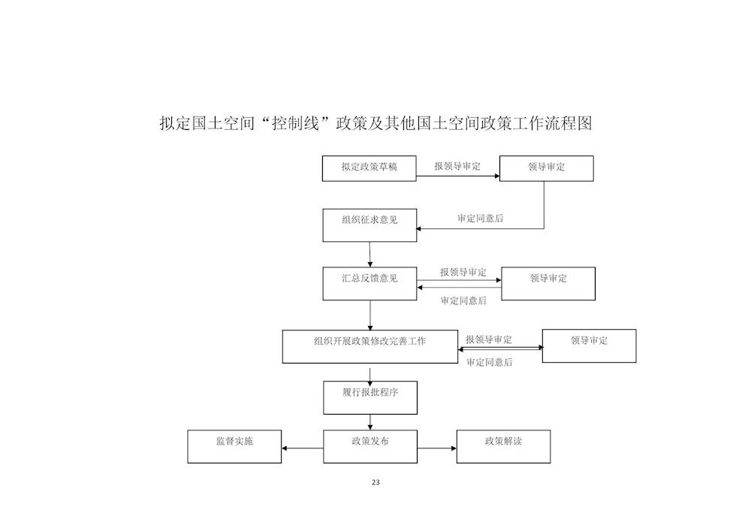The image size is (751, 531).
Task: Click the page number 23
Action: point(375,483)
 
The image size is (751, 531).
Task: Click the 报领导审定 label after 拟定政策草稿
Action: point(457,166)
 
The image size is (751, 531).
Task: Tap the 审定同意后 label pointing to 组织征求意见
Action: point(481,219)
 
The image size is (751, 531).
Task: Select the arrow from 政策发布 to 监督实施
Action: point(302,448)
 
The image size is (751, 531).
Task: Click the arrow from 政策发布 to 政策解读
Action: point(437,448)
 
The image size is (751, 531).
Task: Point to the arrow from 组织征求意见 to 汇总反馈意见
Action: point(369,255)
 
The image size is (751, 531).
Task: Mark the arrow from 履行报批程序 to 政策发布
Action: point(370,422)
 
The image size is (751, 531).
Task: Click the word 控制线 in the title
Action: point(295,123)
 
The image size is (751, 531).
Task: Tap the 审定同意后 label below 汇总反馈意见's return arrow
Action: point(463,300)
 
